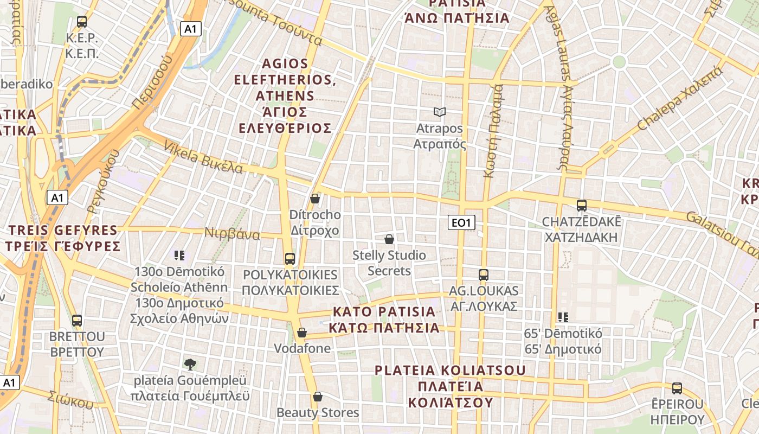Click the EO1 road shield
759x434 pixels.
coord(462,222)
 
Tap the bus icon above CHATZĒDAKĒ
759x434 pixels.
coord(582,206)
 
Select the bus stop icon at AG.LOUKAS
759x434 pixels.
coord(484,275)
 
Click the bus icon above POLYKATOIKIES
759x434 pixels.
coord(290,259)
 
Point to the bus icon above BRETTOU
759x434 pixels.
coord(77,321)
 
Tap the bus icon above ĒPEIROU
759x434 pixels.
coord(677,388)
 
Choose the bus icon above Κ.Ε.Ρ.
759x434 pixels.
coord(82,22)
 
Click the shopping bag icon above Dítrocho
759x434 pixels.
coord(315,199)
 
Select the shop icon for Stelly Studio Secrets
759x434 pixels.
coord(389,239)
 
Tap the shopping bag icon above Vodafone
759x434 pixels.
coord(302,332)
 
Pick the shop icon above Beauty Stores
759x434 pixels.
coord(318,397)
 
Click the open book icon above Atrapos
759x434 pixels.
coord(439,112)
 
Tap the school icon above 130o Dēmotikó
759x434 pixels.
coord(180,255)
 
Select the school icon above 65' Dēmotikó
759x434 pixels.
coord(563,317)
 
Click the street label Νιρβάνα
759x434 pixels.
coord(232,234)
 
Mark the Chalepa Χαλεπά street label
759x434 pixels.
coord(680,98)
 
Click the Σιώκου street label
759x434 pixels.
coord(70,399)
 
